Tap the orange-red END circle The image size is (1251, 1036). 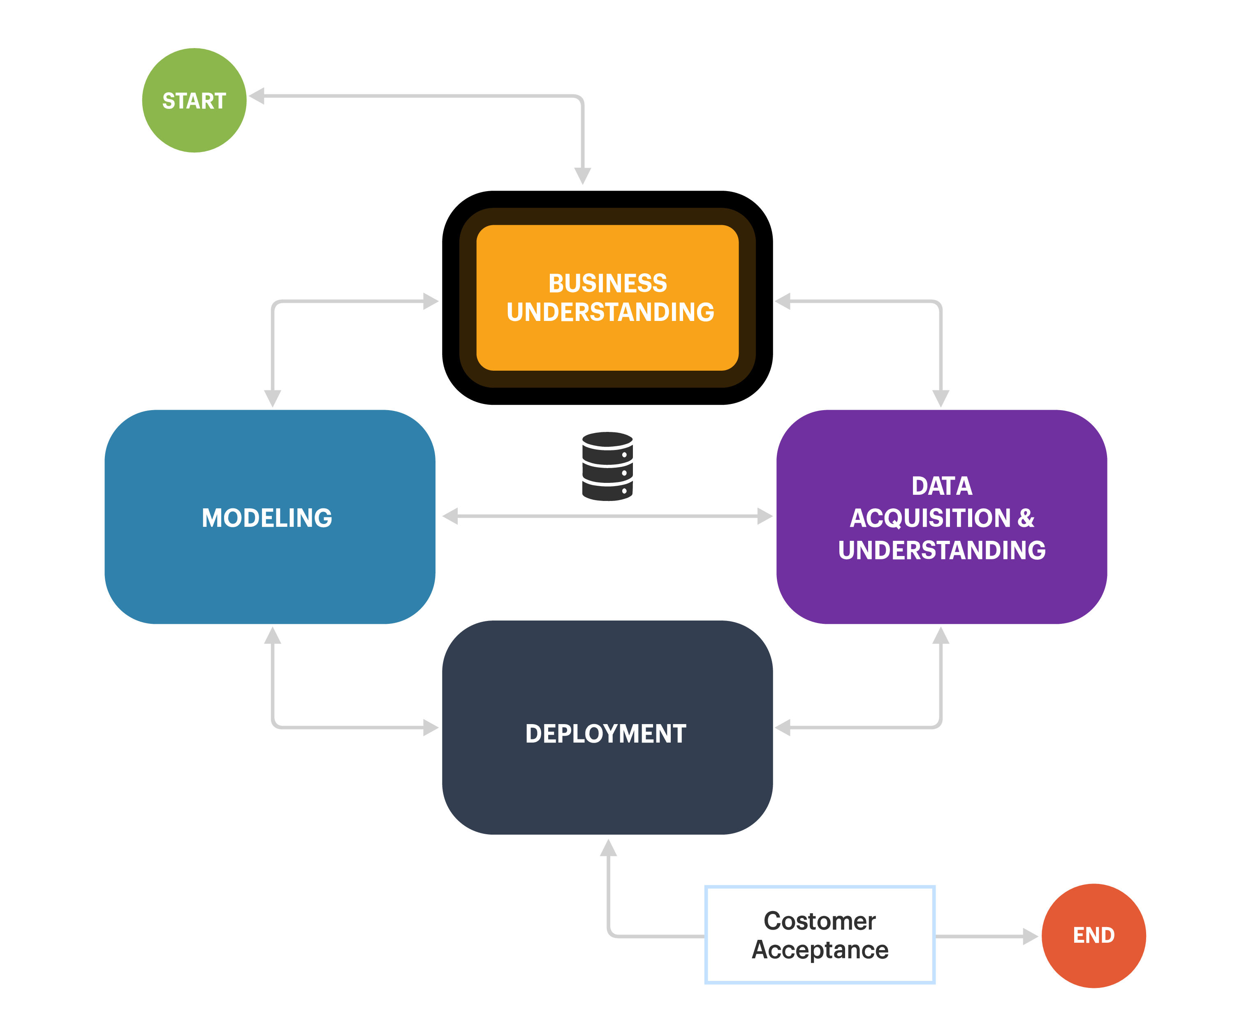(x=1093, y=935)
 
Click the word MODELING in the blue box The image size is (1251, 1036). (x=267, y=518)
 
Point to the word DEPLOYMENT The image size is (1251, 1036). (x=606, y=734)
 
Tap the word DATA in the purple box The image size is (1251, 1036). (x=941, y=486)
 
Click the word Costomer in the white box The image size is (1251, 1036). (x=819, y=921)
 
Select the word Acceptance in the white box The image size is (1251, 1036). (x=820, y=950)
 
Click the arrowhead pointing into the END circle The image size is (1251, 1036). (x=1030, y=936)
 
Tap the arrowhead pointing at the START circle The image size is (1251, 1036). (x=257, y=96)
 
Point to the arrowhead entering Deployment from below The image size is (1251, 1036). (x=608, y=848)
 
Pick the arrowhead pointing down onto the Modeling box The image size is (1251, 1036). (x=272, y=398)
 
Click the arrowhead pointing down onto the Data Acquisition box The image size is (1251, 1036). (x=941, y=398)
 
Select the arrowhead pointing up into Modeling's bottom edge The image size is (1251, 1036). (x=272, y=635)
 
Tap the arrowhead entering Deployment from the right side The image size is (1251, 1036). (x=783, y=727)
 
